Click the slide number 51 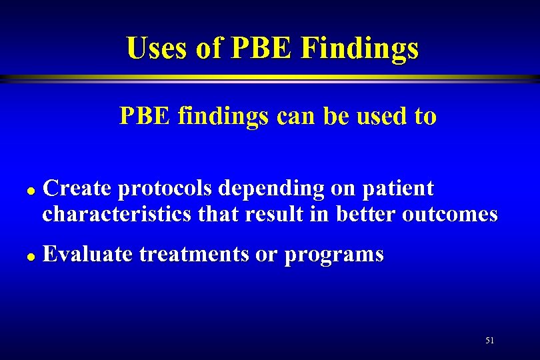point(490,341)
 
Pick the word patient point(399,189)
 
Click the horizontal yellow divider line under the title point(270,78)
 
